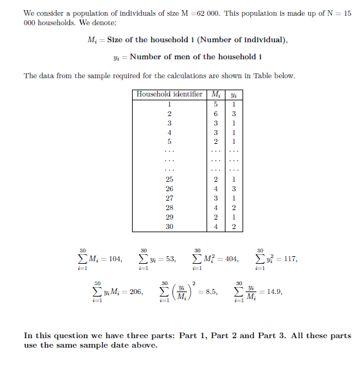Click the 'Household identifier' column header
[169, 95]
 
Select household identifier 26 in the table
[169, 189]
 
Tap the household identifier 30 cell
[169, 227]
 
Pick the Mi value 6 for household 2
[216, 114]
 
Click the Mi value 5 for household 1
[216, 104]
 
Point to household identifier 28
[169, 208]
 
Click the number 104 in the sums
[114, 259]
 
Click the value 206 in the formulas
[134, 292]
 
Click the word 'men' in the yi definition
[183, 57]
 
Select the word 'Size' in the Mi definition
[115, 40]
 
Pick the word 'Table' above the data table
[263, 76]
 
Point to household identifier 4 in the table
[169, 133]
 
